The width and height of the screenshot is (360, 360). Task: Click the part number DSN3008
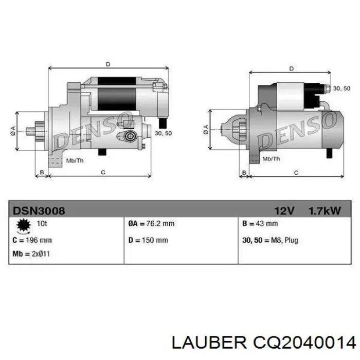pyautogui.click(x=39, y=211)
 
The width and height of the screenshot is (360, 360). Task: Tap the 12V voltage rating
pyautogui.click(x=284, y=211)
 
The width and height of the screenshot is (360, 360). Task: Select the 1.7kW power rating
pyautogui.click(x=325, y=211)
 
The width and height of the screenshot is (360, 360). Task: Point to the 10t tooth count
pyautogui.click(x=42, y=223)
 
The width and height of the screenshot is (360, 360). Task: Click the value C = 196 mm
pyautogui.click(x=32, y=240)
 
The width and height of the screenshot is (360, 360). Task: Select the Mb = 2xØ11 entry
pyautogui.click(x=31, y=254)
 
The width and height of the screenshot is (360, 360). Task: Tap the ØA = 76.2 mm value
pyautogui.click(x=151, y=223)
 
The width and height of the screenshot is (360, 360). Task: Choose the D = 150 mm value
pyautogui.click(x=148, y=240)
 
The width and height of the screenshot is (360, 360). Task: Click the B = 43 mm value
pyautogui.click(x=260, y=223)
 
